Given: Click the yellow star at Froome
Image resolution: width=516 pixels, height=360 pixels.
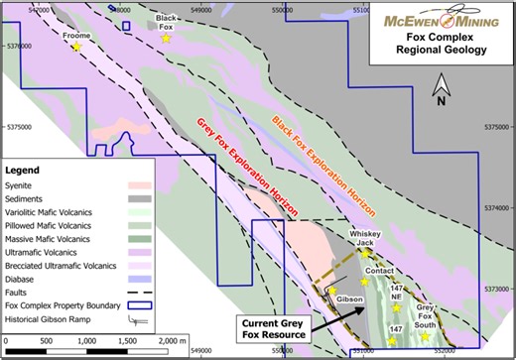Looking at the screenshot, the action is tap(76, 48).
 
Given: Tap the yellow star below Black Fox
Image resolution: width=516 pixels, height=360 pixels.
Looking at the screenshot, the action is tap(167, 39).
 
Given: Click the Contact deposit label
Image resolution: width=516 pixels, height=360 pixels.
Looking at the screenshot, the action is tap(380, 270).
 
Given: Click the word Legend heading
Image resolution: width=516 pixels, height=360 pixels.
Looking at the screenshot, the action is tap(27, 170).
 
